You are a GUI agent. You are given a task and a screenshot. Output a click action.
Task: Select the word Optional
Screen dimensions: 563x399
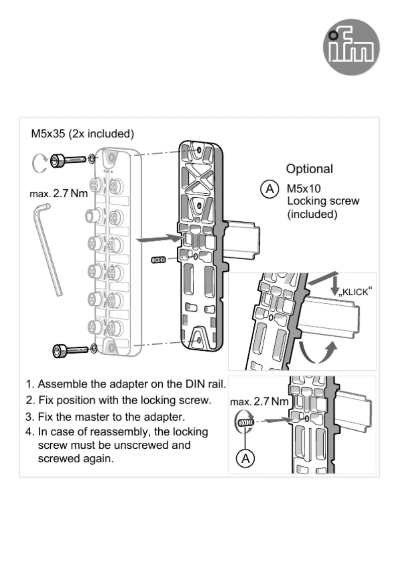(310, 169)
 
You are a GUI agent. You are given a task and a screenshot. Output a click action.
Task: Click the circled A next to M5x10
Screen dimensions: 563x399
(269, 189)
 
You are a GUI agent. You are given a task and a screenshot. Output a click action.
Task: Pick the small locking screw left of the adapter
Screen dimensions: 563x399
(158, 260)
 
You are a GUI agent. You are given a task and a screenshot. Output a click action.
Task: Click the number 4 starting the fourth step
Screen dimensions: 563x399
(29, 432)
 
